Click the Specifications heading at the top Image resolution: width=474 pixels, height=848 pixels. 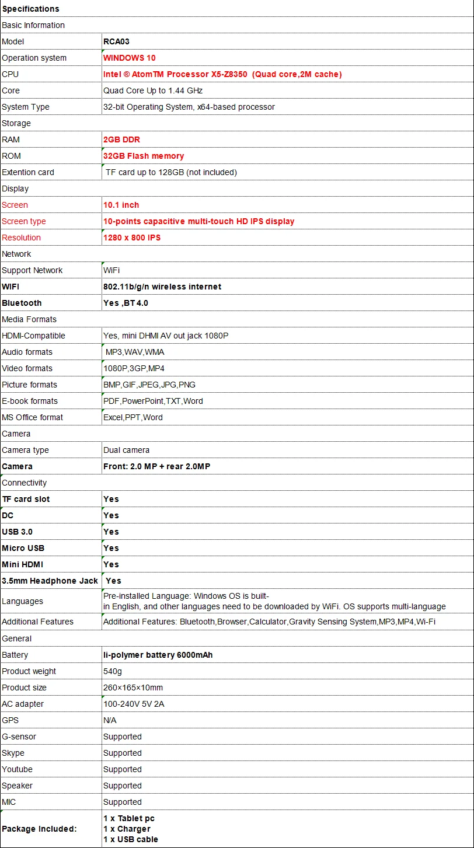(x=30, y=9)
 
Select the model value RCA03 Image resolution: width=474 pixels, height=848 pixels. (x=116, y=41)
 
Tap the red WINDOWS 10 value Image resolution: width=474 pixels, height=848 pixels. (x=129, y=58)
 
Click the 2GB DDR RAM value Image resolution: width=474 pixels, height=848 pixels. (x=121, y=139)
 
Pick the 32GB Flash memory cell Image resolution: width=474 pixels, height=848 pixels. (x=143, y=156)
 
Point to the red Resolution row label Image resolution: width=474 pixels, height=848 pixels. (x=21, y=238)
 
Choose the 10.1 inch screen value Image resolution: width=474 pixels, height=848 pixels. (x=121, y=205)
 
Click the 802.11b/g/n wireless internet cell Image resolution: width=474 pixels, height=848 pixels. (x=162, y=287)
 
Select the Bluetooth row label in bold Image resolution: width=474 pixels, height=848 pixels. (x=22, y=303)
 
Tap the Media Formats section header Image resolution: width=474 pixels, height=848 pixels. (x=29, y=319)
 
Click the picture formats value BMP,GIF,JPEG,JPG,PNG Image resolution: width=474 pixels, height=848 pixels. (x=149, y=385)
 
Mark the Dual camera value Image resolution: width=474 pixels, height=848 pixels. (x=126, y=450)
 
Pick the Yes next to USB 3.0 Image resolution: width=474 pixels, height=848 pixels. (x=111, y=532)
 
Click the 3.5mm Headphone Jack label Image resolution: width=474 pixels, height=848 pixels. (x=50, y=581)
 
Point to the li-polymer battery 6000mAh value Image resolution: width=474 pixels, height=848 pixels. (x=158, y=655)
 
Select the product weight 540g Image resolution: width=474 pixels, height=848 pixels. (x=112, y=671)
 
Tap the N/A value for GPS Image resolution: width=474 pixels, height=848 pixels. (x=110, y=720)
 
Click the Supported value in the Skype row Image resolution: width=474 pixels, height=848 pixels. (x=122, y=753)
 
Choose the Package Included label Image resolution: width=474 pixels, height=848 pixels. (x=39, y=829)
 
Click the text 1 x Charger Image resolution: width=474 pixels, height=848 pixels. (x=127, y=829)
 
